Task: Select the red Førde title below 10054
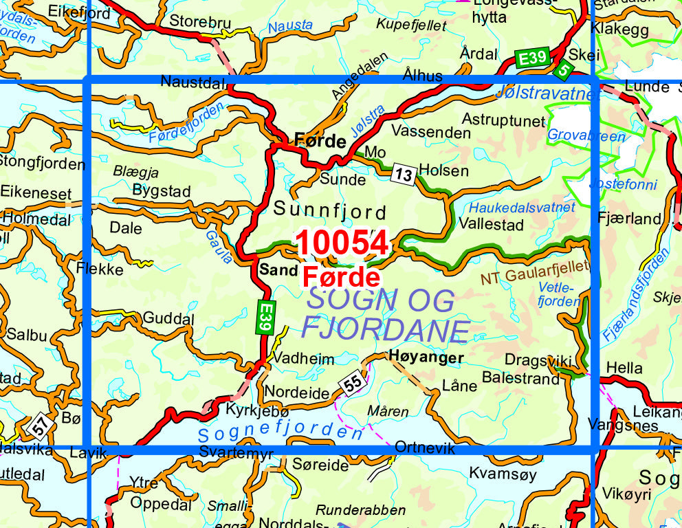(x=341, y=276)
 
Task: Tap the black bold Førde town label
(x=320, y=142)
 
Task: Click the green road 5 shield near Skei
(x=564, y=69)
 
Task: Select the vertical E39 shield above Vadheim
(x=265, y=318)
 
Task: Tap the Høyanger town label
(x=426, y=357)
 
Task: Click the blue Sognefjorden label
(x=280, y=433)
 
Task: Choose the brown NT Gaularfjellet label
(x=535, y=272)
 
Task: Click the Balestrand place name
(x=520, y=378)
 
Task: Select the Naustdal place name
(x=193, y=82)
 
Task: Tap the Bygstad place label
(x=161, y=190)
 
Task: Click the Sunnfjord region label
(x=330, y=211)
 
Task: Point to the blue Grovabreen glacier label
(x=586, y=135)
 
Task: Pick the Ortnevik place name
(x=426, y=448)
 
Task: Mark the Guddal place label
(x=168, y=318)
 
